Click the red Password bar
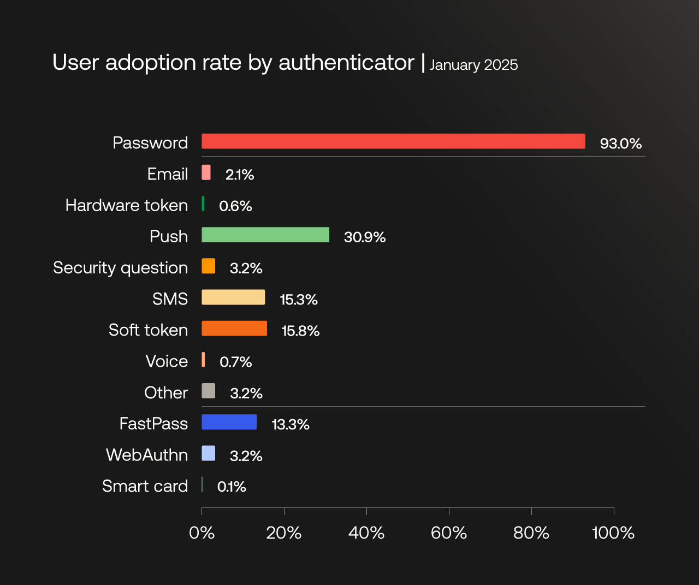(x=393, y=141)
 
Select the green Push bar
(x=265, y=235)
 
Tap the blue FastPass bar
(x=229, y=422)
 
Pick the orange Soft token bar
(x=234, y=329)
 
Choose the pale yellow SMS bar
(x=233, y=297)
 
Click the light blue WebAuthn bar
(x=208, y=453)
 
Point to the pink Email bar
(x=206, y=172)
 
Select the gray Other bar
(x=208, y=391)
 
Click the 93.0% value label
(x=620, y=144)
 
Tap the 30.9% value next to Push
(x=365, y=237)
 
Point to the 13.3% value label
(x=291, y=425)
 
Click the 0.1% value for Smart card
(x=232, y=487)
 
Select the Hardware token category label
(x=127, y=206)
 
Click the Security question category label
(x=121, y=268)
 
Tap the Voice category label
(x=167, y=361)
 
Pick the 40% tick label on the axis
(x=366, y=533)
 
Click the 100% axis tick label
(x=613, y=533)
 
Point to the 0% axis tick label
(x=202, y=533)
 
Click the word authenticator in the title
(x=346, y=63)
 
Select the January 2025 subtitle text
(x=473, y=65)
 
